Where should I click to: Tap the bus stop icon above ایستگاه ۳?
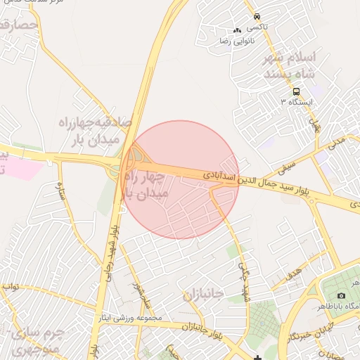point(296,91)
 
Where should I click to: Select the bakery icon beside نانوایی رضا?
point(237,31)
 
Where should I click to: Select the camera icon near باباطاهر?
point(342,295)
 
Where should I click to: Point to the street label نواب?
point(10,287)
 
